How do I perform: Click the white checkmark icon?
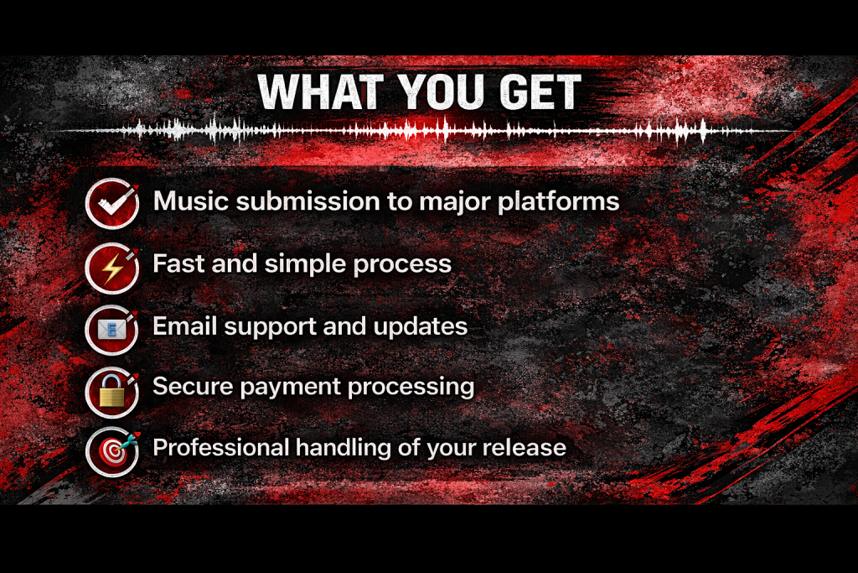pos(112,204)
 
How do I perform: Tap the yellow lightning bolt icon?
pos(112,268)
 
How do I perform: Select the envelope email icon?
pos(112,330)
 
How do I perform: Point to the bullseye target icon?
pos(112,452)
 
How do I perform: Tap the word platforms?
pos(559,202)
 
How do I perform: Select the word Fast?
pos(178,263)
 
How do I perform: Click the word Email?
pos(185,326)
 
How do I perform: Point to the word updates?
pos(421,327)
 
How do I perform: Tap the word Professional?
pos(221,447)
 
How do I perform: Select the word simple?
pos(305,264)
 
